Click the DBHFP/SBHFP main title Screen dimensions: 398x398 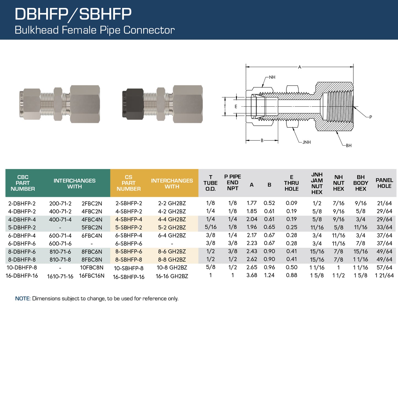tap(73, 14)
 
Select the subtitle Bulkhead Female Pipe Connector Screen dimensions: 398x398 tap(94, 30)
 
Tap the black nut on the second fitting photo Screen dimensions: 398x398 tap(133, 104)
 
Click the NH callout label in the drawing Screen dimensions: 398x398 tap(272, 77)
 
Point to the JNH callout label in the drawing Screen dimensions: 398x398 tap(306, 142)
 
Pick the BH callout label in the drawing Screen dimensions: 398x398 tap(348, 146)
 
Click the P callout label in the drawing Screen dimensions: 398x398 tap(370, 117)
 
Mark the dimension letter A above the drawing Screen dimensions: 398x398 tap(300, 67)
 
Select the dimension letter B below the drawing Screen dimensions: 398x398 tap(262, 140)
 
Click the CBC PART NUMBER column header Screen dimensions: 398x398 tap(23, 183)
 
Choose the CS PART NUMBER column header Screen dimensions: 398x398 tap(129, 183)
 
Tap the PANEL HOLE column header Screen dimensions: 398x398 tap(384, 183)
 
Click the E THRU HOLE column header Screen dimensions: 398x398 tap(291, 183)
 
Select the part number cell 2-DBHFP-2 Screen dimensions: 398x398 tap(22, 204)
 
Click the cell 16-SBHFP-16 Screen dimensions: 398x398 tap(129, 277)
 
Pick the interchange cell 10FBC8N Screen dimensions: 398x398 tap(92, 268)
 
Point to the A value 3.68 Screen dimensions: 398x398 tap(252, 275)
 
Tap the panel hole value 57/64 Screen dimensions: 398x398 tap(384, 267)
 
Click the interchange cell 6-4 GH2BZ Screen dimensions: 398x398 tap(172, 235)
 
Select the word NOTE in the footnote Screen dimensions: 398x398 tap(22, 299)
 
